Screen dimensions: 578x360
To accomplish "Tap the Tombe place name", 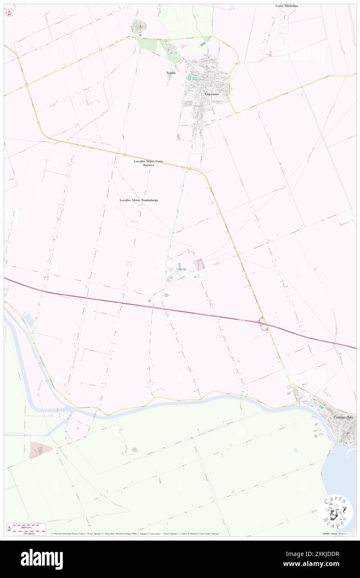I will (x=171, y=73).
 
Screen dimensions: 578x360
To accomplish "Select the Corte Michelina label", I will (x=287, y=6).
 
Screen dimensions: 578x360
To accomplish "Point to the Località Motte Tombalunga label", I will (x=139, y=200).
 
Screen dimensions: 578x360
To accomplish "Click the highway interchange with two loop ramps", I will (x=263, y=323).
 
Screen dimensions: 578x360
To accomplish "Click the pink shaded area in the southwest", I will (x=40, y=449).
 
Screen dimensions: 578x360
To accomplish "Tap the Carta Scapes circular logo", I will (x=335, y=511).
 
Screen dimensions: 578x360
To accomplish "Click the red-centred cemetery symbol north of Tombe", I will (x=140, y=27).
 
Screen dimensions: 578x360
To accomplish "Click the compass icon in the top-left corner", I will (x=9, y=12).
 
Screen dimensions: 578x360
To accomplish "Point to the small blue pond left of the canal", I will (x=29, y=319).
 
